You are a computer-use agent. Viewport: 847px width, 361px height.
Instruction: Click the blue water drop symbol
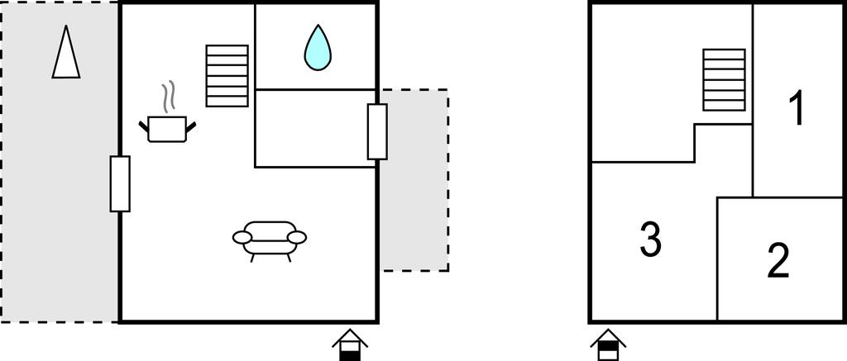pos(318,47)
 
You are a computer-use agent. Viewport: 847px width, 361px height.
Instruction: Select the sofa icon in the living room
pos(270,241)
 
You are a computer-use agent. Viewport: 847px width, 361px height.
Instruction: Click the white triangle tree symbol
pos(66,52)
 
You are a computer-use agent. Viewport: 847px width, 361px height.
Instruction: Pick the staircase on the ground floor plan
pos(227,75)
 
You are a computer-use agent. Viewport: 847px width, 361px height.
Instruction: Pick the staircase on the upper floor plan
pos(725,80)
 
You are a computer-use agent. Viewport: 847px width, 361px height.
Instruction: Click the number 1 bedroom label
pos(797,108)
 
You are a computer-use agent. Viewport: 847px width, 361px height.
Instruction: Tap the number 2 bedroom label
pos(778,261)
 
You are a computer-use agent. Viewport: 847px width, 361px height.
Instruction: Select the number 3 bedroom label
pos(650,240)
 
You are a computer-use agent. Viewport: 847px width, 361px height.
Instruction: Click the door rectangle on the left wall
pos(120,184)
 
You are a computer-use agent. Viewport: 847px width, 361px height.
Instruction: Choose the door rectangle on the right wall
pos(377,131)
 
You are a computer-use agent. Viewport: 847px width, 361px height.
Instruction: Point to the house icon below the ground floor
pos(350,344)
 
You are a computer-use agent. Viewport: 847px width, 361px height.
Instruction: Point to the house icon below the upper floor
pos(608,344)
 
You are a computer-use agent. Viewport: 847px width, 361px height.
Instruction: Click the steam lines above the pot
pos(169,97)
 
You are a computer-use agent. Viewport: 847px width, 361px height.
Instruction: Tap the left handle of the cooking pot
pos(144,126)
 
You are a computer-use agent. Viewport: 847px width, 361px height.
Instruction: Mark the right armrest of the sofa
pos(297,237)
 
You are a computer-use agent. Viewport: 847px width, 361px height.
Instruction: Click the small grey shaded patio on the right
pos(414,180)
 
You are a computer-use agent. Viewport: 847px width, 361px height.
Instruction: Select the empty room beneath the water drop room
pos(315,128)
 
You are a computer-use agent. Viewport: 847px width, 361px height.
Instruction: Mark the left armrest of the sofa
pos(242,237)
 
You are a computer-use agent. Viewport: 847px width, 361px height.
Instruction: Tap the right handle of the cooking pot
pos(191,126)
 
